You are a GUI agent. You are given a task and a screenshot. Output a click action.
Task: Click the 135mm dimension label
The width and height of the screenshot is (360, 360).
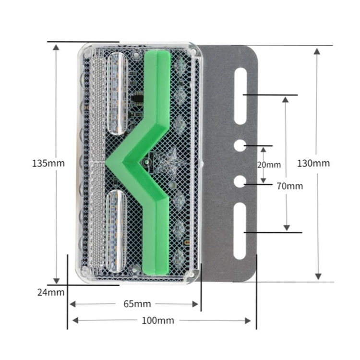[x=48, y=163]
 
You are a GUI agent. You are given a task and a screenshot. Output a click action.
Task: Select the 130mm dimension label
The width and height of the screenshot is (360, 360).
[x=313, y=163]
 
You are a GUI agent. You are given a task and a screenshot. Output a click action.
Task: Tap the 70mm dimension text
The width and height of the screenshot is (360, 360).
[x=290, y=186]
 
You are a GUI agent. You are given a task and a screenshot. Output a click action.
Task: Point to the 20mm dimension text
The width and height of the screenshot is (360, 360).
[x=269, y=165]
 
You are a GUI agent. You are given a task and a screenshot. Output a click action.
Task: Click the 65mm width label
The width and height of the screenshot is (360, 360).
[x=137, y=303]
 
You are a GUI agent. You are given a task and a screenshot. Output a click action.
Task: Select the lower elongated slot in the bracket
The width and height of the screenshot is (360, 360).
[x=240, y=230]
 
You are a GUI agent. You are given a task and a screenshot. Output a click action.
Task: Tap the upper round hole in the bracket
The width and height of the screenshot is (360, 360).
[x=240, y=145]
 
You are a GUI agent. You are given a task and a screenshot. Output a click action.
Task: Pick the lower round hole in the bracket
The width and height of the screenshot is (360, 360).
[x=240, y=182]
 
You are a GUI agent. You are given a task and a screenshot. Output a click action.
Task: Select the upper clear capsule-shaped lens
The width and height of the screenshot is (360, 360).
[x=118, y=93]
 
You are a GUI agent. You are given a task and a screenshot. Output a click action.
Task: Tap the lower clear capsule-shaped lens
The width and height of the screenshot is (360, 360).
[x=118, y=230]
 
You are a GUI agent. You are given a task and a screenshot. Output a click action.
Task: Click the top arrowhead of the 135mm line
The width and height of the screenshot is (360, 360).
[x=57, y=48]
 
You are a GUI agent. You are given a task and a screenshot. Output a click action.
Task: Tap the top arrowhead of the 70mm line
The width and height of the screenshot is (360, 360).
[x=286, y=100]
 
